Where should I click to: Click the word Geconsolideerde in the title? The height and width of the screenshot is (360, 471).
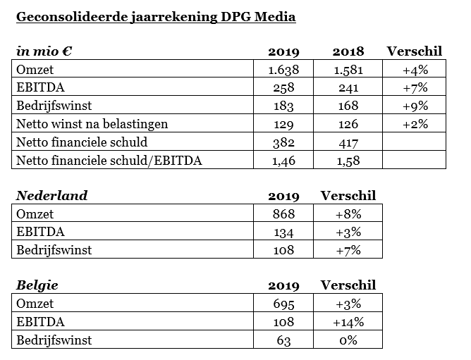coord(72,17)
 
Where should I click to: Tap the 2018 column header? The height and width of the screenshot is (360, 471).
coord(348,51)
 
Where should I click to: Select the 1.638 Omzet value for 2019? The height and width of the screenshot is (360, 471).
coord(283,70)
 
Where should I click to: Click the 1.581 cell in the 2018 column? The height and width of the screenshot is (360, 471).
coord(348,70)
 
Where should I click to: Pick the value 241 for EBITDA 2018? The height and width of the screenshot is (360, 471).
coord(348,87)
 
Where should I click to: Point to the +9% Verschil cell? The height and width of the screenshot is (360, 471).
coord(415,106)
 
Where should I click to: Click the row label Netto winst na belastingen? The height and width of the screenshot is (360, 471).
coord(92,124)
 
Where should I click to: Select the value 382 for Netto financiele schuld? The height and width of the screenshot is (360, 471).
coord(283,142)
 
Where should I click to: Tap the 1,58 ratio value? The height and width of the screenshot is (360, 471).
coord(348,161)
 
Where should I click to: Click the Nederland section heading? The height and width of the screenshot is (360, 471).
coord(51,196)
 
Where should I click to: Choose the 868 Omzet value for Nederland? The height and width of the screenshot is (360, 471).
coord(283,214)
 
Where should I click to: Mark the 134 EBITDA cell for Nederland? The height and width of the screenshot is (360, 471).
coord(283,232)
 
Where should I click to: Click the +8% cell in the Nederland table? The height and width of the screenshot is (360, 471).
coord(348,214)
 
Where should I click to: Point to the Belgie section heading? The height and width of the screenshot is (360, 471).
coord(37,285)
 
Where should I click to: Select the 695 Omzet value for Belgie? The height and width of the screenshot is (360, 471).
coord(283,304)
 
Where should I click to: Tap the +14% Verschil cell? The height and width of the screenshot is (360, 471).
coord(348,322)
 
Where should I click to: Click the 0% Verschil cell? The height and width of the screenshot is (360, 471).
coord(348,340)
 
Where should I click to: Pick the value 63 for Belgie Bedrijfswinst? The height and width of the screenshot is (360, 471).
coord(283,340)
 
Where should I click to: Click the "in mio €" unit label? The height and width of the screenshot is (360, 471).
coord(44,51)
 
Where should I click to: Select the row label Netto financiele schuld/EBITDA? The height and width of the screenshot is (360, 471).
coord(109,161)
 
